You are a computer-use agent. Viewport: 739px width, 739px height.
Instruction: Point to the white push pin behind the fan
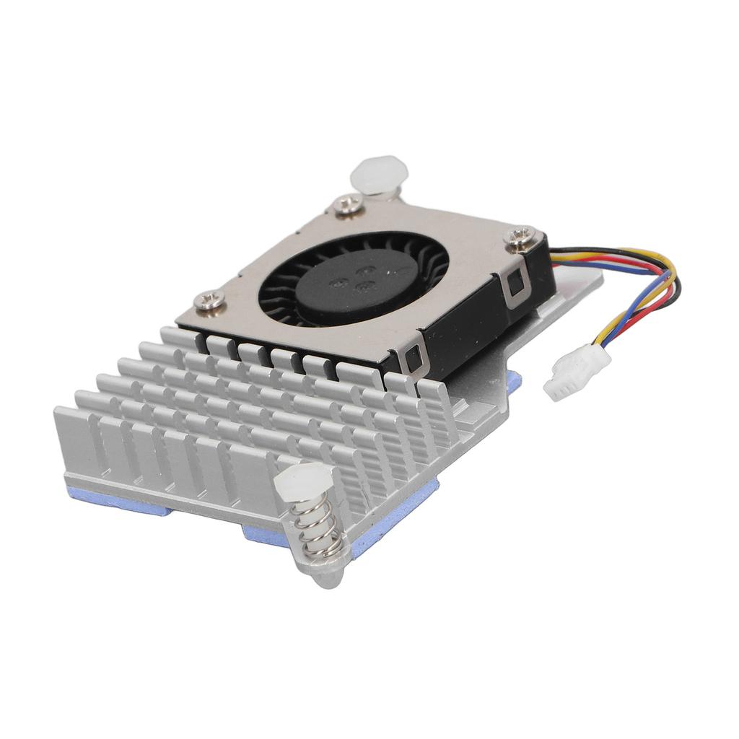click(378, 174)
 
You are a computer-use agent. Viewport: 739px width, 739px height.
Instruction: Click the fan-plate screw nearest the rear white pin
click(343, 207)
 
